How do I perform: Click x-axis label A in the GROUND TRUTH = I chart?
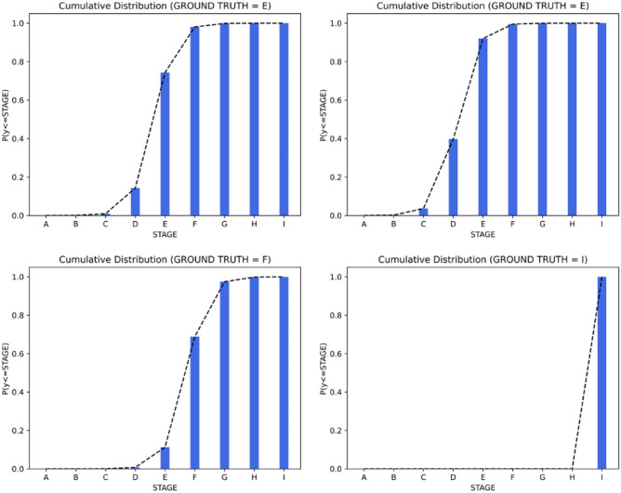click(x=363, y=476)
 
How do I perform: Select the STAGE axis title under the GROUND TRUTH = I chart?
click(x=482, y=487)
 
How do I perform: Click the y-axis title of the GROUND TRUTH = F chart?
click(x=7, y=372)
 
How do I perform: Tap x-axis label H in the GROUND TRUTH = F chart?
click(x=254, y=476)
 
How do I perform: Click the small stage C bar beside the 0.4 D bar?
click(x=423, y=213)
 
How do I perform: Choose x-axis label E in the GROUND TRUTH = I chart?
click(x=482, y=476)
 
